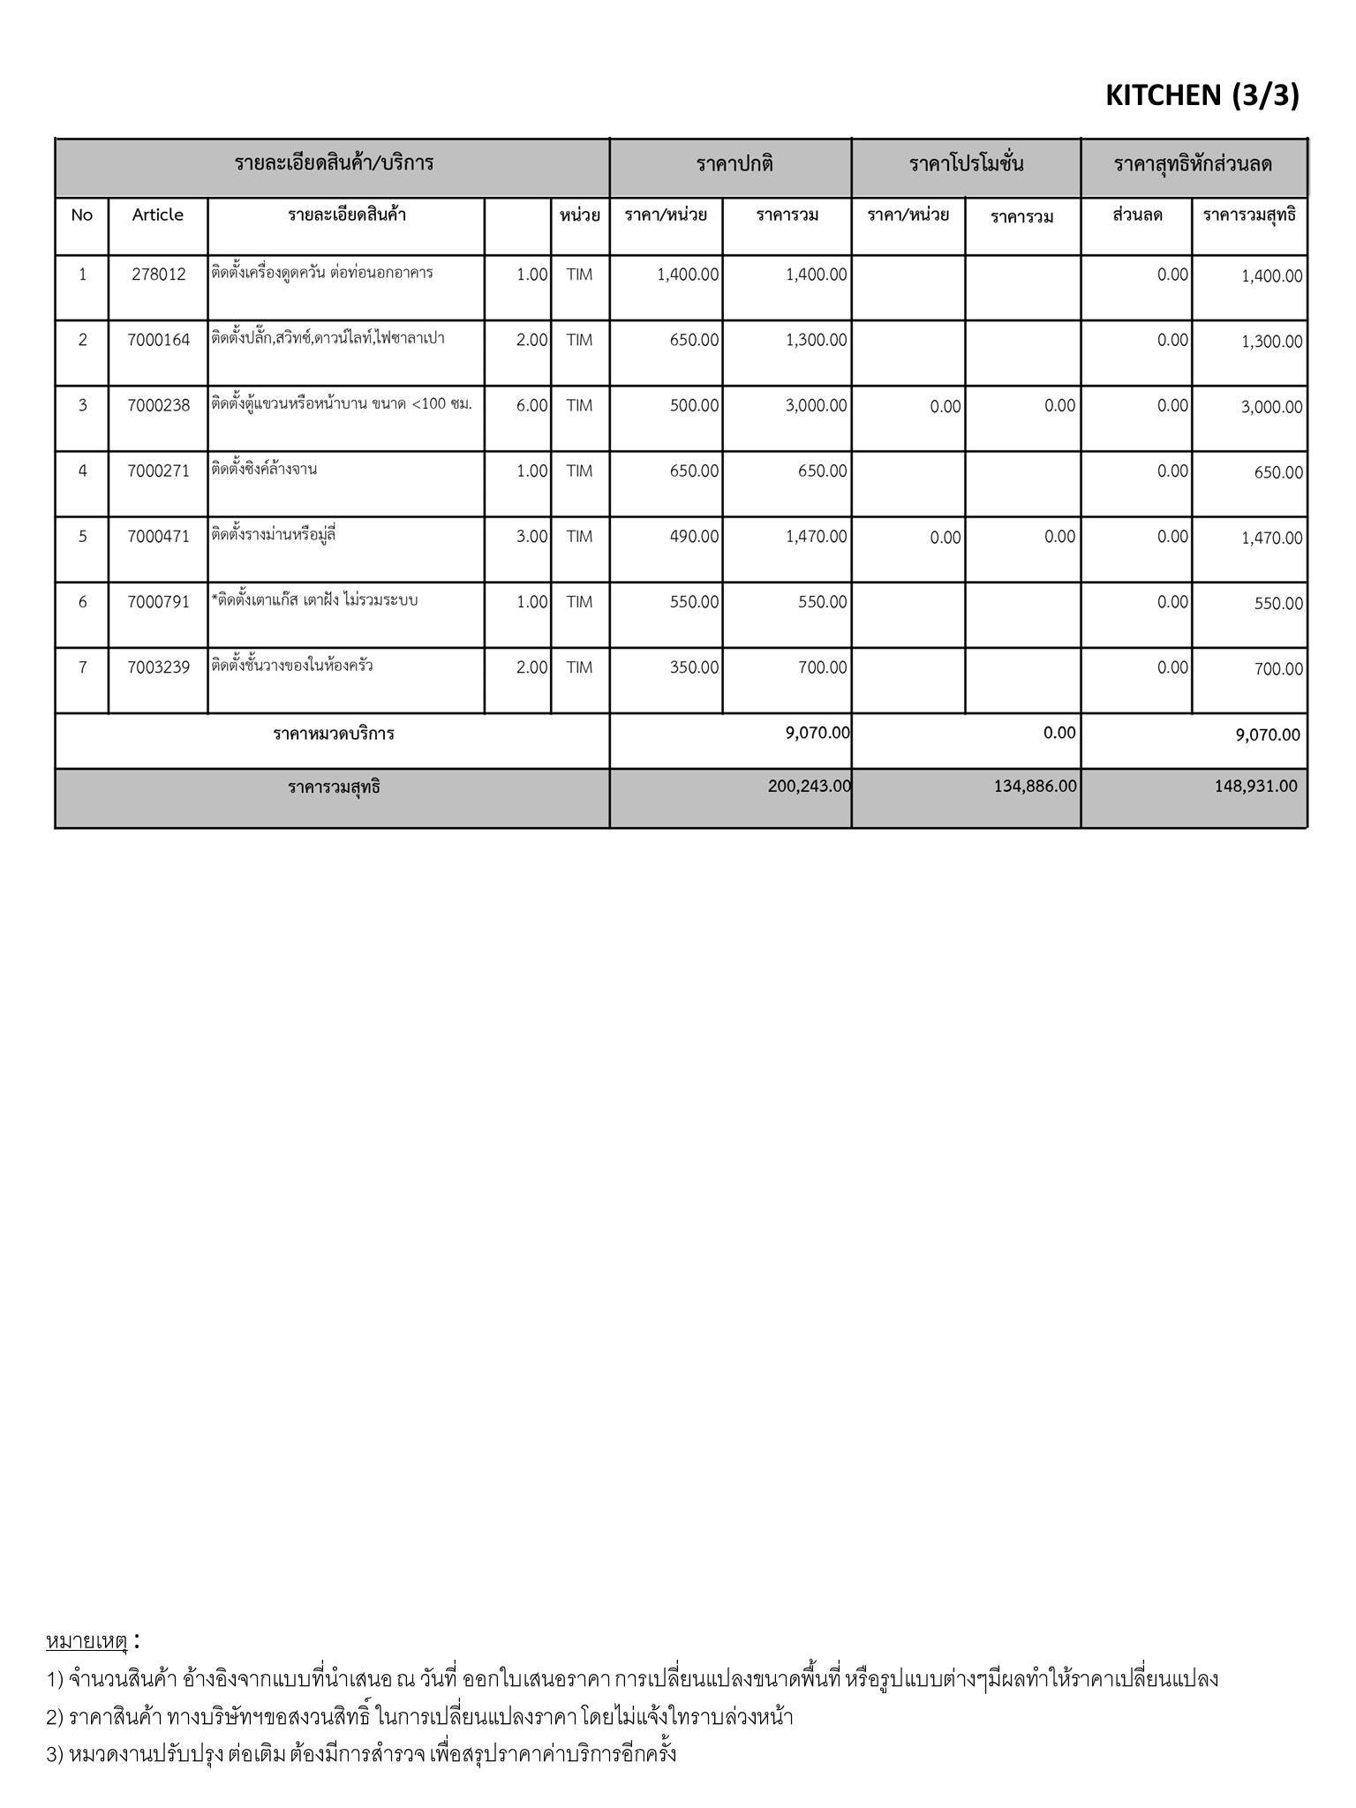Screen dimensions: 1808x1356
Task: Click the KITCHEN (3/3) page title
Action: (x=1202, y=95)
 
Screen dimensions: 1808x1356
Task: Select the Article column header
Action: (x=158, y=215)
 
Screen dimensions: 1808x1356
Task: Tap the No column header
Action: (x=82, y=215)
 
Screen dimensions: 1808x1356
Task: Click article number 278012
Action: (x=159, y=275)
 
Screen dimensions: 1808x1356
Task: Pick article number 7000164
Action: (x=159, y=340)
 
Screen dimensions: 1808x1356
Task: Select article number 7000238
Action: (x=159, y=405)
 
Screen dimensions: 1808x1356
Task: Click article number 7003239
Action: (x=159, y=667)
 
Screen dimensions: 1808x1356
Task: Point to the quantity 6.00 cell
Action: (x=531, y=405)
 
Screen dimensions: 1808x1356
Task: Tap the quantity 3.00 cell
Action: (x=531, y=536)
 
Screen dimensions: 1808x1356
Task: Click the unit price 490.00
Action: (x=694, y=536)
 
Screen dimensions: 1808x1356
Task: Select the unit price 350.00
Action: (x=694, y=667)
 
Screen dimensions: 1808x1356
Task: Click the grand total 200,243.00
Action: (x=809, y=786)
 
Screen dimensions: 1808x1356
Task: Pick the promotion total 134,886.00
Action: (x=1035, y=786)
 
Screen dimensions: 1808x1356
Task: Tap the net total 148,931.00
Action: (x=1255, y=786)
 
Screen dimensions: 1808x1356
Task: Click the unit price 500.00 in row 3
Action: (x=694, y=405)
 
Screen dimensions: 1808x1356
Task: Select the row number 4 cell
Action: (x=83, y=471)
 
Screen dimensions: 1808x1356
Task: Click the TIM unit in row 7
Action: (x=579, y=667)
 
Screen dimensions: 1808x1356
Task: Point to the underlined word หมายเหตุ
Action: (x=87, y=1641)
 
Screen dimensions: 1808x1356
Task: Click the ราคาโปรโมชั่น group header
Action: (x=966, y=164)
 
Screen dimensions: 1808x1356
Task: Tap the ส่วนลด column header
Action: (x=1137, y=215)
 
